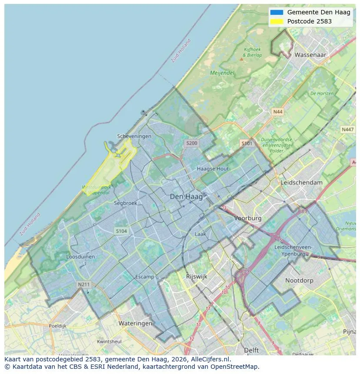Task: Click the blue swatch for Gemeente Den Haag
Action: (x=277, y=13)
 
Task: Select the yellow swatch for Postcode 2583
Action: (x=277, y=21)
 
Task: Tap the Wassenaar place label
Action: (x=310, y=55)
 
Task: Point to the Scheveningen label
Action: (x=134, y=136)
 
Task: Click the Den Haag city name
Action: (x=186, y=197)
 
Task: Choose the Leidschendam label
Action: (x=302, y=182)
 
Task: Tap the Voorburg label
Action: (x=248, y=218)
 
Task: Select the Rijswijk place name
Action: (x=197, y=276)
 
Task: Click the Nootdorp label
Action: (x=299, y=281)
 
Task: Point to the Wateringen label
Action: (x=135, y=323)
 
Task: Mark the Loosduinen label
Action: (x=80, y=257)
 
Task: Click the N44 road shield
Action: (x=278, y=112)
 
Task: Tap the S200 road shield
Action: (x=192, y=143)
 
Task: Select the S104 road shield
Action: (x=121, y=231)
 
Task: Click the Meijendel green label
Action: (x=222, y=73)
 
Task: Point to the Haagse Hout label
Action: (x=213, y=169)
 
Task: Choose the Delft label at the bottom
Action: (x=251, y=350)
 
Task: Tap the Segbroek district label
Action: (x=126, y=203)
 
